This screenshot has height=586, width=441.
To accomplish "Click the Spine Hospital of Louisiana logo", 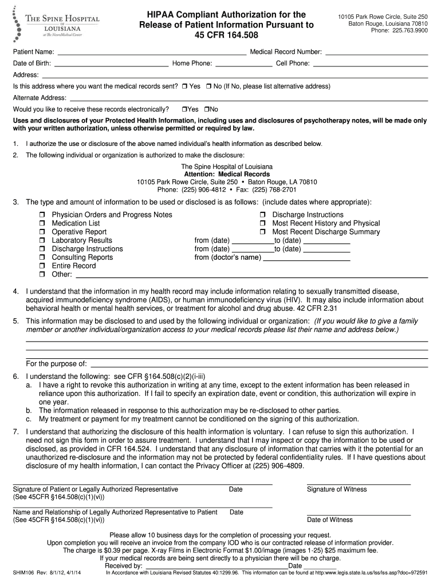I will [56, 23].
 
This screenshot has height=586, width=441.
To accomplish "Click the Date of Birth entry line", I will [112, 64].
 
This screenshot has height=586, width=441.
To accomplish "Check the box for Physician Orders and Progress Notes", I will [42, 215].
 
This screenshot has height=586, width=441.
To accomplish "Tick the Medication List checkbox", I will [42, 224].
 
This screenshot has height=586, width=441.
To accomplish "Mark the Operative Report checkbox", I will [42, 232].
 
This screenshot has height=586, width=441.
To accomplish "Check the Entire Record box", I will [42, 266].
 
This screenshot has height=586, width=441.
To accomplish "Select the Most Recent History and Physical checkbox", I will [263, 224].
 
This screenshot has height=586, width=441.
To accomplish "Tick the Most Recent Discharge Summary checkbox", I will [263, 232].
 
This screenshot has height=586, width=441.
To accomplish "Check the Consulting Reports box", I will [42, 258].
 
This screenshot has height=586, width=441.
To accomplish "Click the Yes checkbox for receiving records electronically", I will [184, 109].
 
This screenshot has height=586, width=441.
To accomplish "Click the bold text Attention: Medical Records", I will [227, 174].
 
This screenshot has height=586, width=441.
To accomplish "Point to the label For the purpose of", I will [57, 364].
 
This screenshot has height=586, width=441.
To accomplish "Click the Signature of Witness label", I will [337, 489].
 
